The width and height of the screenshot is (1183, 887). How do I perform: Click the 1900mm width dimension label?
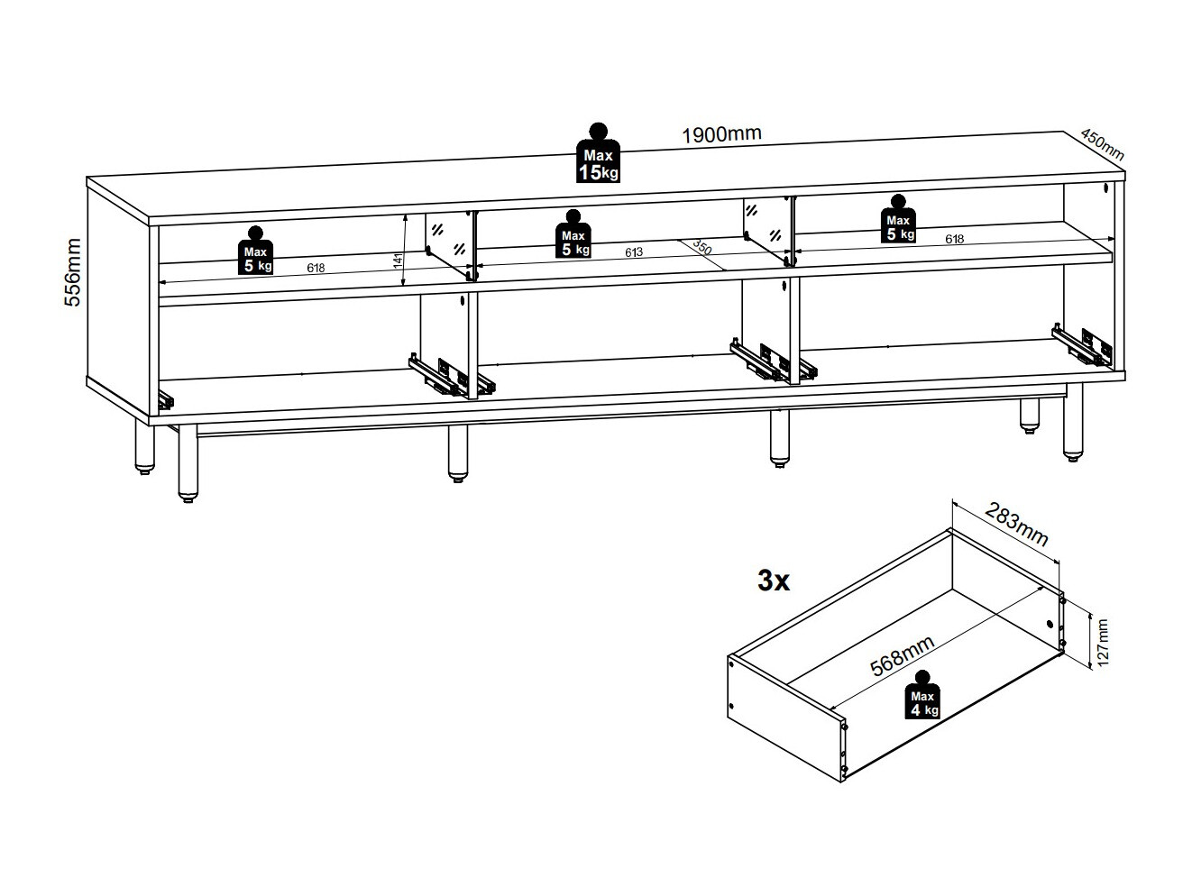pyautogui.click(x=721, y=135)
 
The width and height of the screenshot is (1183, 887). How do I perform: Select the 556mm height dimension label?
pyautogui.click(x=73, y=272)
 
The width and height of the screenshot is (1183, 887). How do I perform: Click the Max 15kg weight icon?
pyautogui.click(x=598, y=154)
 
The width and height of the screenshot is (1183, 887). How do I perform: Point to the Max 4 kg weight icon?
pyautogui.click(x=922, y=695)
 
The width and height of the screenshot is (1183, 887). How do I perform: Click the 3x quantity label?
pyautogui.click(x=774, y=582)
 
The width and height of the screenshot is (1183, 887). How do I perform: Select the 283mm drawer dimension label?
pyautogui.click(x=1016, y=525)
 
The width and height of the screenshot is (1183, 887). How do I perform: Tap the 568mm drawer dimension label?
pyautogui.click(x=901, y=655)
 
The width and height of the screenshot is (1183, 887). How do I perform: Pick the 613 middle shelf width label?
pyautogui.click(x=633, y=253)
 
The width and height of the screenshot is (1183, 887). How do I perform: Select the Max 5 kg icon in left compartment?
pyautogui.click(x=254, y=250)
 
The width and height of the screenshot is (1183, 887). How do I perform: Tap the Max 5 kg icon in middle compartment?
pyautogui.click(x=572, y=234)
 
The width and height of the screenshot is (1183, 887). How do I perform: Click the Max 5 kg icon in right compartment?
pyautogui.click(x=897, y=219)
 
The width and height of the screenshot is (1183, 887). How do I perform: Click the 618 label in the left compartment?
pyautogui.click(x=315, y=268)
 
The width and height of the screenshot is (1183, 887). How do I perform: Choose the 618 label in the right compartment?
pyautogui.click(x=954, y=239)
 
